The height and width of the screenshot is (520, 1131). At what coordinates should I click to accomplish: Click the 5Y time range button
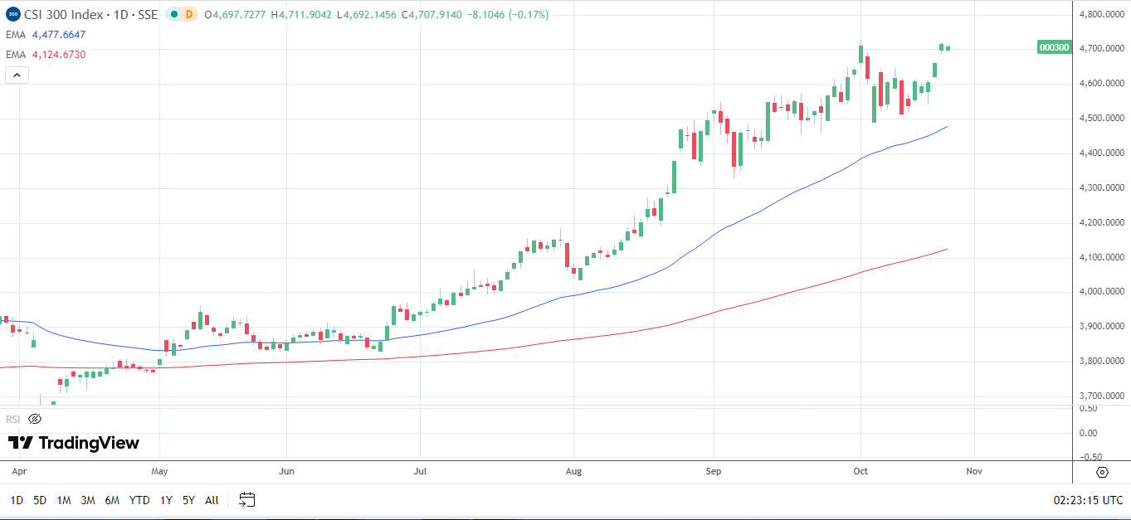[188, 500]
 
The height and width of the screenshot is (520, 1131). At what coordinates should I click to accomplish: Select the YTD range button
[139, 500]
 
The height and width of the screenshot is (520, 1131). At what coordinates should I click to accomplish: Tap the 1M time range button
[64, 500]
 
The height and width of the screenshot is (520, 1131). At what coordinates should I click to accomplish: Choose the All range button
[212, 500]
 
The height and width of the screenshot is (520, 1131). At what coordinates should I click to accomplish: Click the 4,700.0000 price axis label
[1101, 49]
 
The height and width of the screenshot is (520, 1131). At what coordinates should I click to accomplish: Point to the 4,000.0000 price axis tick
[1101, 292]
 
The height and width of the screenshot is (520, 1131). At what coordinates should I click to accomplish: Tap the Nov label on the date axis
[974, 471]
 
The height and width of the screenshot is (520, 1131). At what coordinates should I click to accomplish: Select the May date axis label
[160, 471]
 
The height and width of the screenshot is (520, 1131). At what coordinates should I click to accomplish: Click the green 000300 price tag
[1054, 48]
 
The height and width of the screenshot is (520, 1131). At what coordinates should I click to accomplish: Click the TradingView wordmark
[74, 443]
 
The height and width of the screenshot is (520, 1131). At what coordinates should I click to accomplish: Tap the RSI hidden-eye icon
[35, 419]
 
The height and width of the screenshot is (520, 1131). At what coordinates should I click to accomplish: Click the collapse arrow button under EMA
[17, 75]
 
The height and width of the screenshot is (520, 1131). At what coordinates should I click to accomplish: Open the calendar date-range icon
[246, 499]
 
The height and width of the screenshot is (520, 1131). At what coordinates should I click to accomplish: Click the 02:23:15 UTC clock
[1088, 500]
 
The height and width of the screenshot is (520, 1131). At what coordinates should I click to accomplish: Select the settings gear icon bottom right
[1102, 472]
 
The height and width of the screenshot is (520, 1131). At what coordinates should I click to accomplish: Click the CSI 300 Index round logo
[12, 14]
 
